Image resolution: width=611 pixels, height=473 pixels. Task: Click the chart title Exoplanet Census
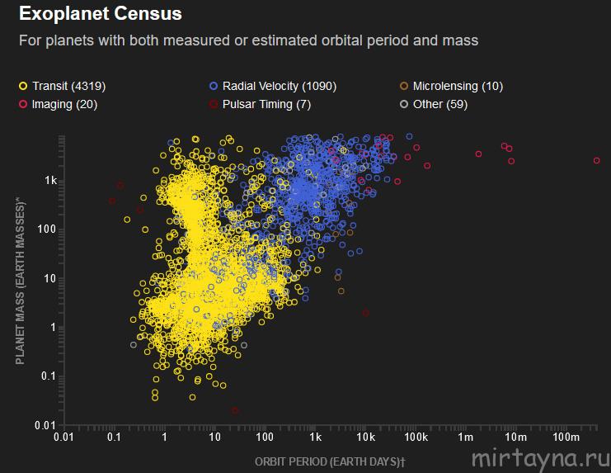tap(101, 14)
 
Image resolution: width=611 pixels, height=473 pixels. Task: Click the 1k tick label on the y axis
tap(50, 181)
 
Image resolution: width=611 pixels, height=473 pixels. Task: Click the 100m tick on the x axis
tap(566, 437)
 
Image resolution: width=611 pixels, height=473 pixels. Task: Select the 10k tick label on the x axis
tap(365, 437)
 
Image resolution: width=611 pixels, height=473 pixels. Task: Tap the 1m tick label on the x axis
tap(466, 437)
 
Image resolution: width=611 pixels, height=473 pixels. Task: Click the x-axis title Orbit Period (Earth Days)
tap(331, 460)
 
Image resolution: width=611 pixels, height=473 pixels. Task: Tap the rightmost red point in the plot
tap(596, 161)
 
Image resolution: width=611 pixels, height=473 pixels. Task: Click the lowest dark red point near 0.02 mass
tap(235, 410)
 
